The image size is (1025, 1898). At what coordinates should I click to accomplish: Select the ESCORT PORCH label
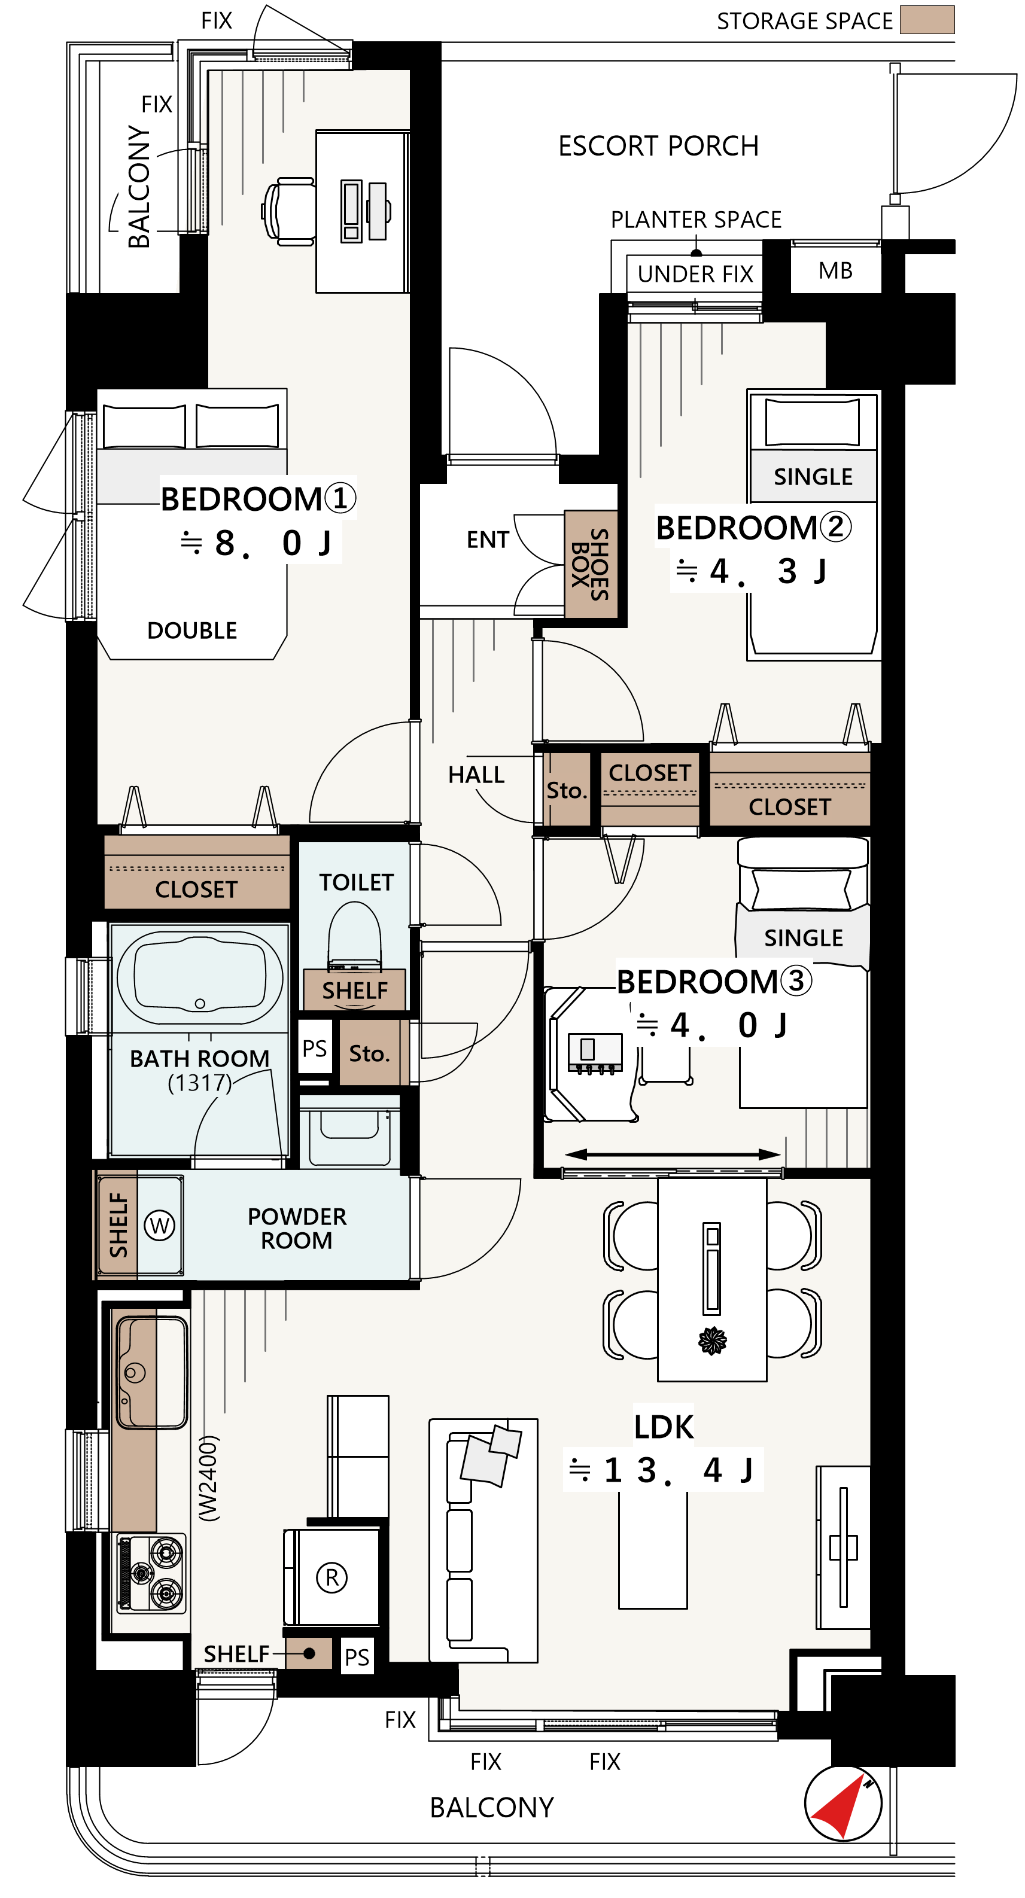point(658,146)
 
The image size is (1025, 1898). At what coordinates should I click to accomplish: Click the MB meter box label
point(836,270)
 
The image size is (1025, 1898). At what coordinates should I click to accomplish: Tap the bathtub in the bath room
point(200,977)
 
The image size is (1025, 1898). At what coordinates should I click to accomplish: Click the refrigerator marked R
point(331,1577)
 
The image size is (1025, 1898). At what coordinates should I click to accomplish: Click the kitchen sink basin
point(151,1372)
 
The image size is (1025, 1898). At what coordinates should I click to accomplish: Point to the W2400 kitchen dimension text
point(209,1477)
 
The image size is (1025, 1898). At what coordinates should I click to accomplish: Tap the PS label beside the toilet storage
point(315,1049)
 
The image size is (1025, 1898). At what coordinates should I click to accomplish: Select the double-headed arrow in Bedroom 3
point(673,1154)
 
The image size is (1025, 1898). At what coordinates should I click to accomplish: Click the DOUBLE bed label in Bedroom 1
point(191,630)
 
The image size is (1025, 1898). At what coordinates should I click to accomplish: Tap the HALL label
point(476,775)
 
